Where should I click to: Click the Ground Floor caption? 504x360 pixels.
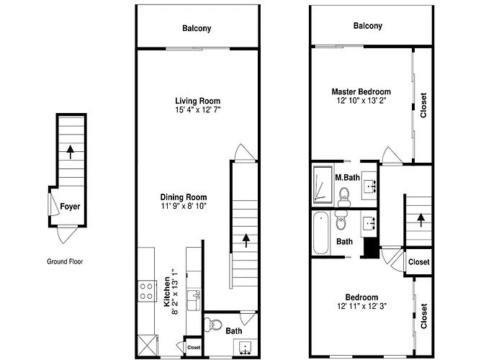[x=65, y=261]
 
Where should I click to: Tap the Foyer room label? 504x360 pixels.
[x=70, y=207]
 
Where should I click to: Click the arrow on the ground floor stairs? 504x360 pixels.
[x=70, y=152]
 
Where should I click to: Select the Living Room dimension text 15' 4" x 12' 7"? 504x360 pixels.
[x=198, y=110]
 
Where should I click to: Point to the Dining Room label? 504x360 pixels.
[x=184, y=197]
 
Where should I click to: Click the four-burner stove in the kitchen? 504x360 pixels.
[x=147, y=291]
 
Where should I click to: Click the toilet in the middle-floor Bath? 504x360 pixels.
[x=213, y=325]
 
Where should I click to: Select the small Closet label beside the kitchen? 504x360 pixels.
[x=194, y=348]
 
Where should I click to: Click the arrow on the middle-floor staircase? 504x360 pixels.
[x=246, y=240]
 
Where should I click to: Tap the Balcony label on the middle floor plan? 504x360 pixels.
[x=197, y=28]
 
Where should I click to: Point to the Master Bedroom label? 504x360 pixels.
[x=361, y=91]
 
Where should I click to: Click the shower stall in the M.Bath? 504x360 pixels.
[x=323, y=184]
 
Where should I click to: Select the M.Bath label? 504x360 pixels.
[x=348, y=177]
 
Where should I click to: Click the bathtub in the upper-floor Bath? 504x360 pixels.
[x=321, y=233]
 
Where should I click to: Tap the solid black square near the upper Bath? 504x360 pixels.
[x=372, y=247]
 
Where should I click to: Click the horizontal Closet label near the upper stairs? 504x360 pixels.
[x=419, y=262]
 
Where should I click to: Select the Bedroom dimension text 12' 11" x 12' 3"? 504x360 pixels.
[x=361, y=306]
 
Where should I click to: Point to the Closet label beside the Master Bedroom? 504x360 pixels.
[x=423, y=105]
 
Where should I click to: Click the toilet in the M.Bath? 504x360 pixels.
[x=344, y=197]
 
